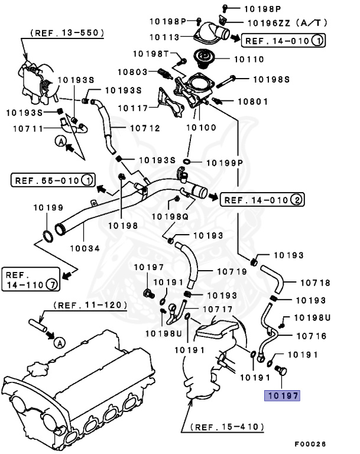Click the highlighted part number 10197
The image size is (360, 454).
pos(282,395)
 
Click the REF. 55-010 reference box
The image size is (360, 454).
pos(53,180)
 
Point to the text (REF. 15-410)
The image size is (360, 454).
pos(226,426)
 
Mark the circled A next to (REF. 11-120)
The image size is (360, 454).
pos(60,342)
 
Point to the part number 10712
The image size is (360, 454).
pos(144,127)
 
